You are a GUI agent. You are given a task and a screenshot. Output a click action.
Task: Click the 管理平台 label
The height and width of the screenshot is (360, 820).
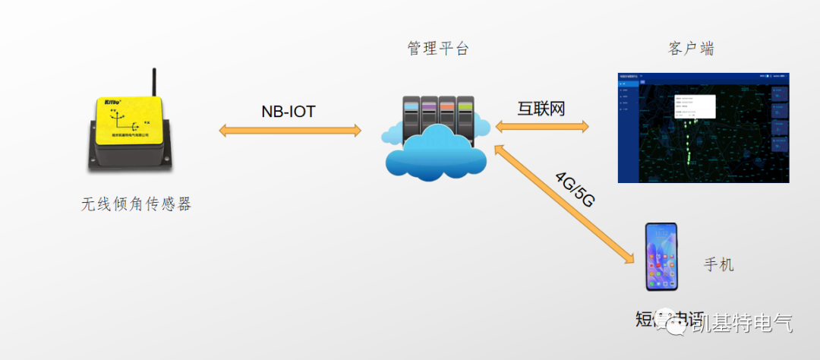438,49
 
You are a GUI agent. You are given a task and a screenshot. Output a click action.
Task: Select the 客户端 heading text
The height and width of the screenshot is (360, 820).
691,49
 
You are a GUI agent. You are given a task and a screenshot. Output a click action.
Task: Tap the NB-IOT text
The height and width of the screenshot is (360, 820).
288,112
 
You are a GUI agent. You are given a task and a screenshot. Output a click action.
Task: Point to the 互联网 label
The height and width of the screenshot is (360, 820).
541,109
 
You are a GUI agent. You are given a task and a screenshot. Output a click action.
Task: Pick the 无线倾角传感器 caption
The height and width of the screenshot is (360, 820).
136,204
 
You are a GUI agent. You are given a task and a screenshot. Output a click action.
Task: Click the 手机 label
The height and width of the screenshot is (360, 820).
718,265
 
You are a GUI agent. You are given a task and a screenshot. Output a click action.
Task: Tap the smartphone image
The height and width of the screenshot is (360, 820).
661,257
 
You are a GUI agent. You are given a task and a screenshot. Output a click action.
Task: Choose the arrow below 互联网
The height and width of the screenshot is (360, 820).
541,126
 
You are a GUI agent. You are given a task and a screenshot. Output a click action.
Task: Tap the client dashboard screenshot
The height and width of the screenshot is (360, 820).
703,128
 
